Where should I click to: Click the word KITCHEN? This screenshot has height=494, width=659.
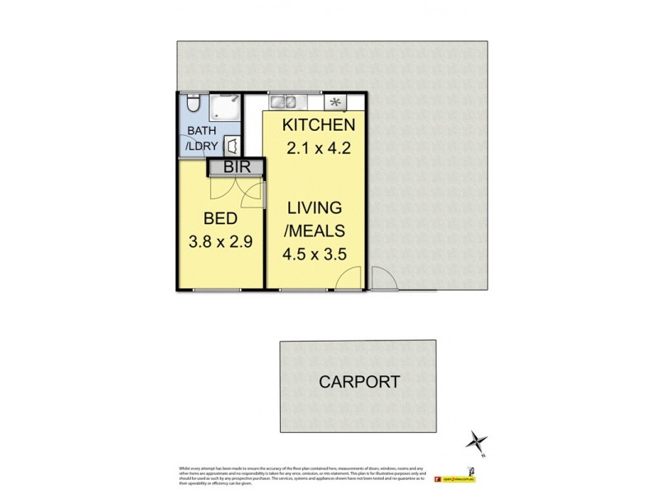tap(319, 126)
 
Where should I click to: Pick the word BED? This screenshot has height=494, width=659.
tap(221, 219)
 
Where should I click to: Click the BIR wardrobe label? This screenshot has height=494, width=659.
tap(234, 168)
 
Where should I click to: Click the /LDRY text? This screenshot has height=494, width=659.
tap(202, 147)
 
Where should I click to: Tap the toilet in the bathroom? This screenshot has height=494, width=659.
tap(191, 103)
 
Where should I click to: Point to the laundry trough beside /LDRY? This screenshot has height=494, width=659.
tap(233, 146)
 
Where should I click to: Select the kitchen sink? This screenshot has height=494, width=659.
tap(283, 102)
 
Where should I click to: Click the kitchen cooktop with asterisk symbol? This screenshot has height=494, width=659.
tap(335, 102)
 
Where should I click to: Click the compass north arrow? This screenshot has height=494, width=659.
tap(476, 441)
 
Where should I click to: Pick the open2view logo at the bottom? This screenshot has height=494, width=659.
tap(458, 477)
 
